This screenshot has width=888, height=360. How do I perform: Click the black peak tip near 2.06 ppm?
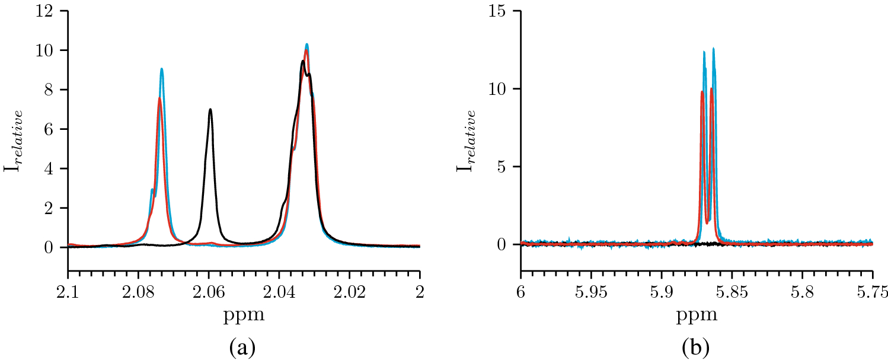point(210,109)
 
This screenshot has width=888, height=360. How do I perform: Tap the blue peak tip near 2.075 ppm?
point(161,69)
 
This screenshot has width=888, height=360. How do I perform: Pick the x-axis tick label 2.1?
point(68,292)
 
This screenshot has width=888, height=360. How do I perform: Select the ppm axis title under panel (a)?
point(244,315)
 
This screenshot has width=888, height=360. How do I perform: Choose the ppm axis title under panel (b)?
point(697,315)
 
